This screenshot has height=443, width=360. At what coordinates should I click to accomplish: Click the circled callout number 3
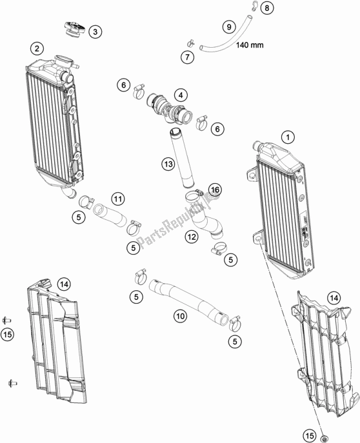coord(95,32)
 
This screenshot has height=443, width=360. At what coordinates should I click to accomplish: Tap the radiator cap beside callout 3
coord(75,30)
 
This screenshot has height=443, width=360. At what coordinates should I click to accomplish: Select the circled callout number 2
coord(37,48)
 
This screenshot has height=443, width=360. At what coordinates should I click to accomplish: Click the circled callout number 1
coord(288,137)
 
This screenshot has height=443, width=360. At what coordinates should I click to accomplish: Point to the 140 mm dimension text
coord(250,44)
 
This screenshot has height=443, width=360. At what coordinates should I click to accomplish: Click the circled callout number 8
coord(266,8)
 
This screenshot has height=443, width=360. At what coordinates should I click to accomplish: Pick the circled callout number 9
coord(229,27)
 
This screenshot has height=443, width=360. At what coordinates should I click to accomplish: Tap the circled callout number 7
coord(187,57)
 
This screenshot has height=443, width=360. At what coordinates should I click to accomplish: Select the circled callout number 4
coord(181,95)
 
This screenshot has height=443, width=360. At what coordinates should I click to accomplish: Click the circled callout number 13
coord(168,164)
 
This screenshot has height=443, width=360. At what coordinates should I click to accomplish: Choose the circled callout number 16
coord(215,190)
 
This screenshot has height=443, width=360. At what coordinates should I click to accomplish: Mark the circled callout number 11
coord(118,199)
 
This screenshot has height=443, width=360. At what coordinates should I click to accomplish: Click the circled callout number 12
coord(192,237)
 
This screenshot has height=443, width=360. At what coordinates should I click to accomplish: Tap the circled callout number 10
coord(180,316)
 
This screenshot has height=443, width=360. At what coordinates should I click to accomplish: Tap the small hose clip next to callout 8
coord(254,6)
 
